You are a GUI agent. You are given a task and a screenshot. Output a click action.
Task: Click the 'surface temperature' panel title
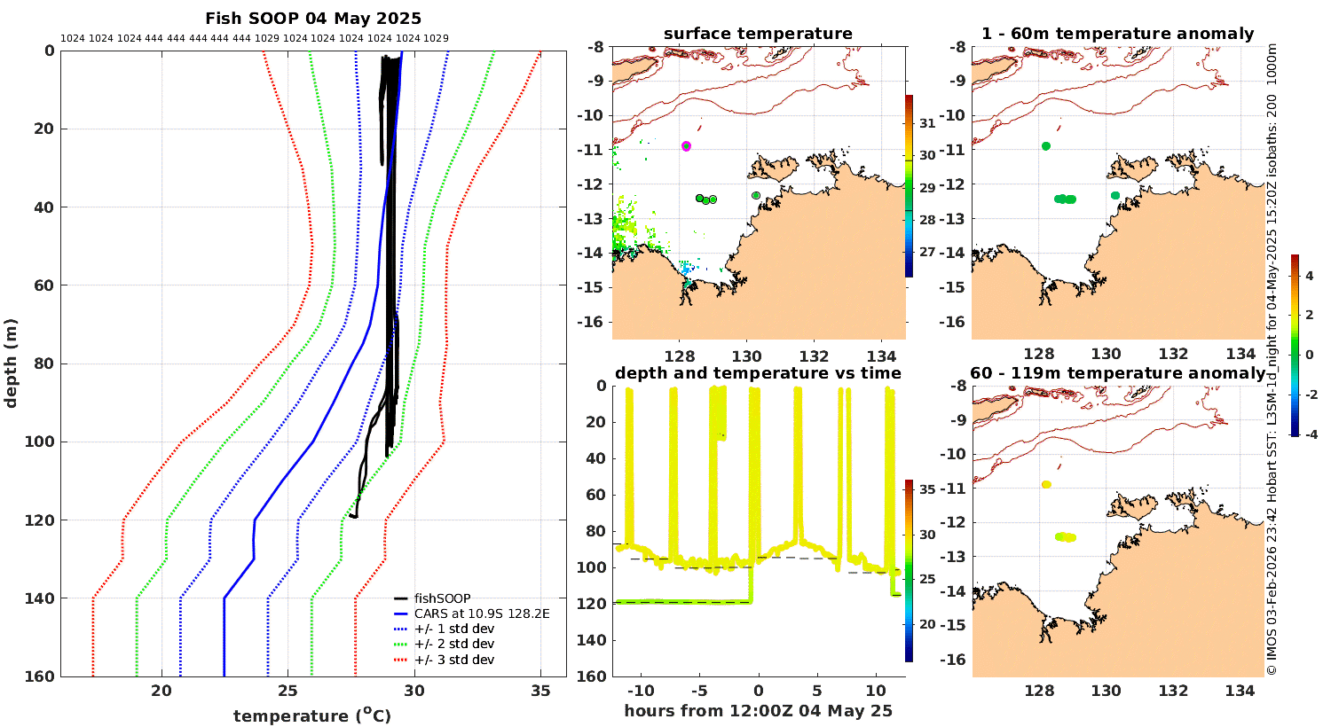(x=758, y=34)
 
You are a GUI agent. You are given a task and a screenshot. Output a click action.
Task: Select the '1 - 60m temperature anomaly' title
(x=1117, y=34)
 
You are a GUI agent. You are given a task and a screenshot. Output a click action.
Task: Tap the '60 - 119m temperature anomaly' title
(x=1117, y=373)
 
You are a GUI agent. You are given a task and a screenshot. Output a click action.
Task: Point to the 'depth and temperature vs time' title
(x=758, y=373)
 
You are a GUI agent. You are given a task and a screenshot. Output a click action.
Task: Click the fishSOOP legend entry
(x=442, y=598)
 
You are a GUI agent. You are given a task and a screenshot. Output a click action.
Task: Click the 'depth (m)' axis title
(x=11, y=363)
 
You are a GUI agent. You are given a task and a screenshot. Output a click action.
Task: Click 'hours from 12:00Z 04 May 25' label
(x=758, y=711)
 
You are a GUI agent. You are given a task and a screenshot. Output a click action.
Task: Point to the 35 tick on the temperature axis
(x=540, y=692)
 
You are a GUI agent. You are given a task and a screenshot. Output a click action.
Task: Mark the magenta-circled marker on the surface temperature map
(x=686, y=146)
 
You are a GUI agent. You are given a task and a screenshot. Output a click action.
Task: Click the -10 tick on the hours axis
(x=640, y=692)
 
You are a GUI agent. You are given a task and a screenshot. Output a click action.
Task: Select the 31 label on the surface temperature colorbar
(x=927, y=123)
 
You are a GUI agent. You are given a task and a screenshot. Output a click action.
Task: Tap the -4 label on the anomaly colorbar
(x=1309, y=434)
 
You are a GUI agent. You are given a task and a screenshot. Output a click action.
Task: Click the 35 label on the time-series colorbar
(x=927, y=489)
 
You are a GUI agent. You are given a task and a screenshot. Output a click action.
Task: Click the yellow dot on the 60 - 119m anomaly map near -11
(x=1046, y=485)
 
